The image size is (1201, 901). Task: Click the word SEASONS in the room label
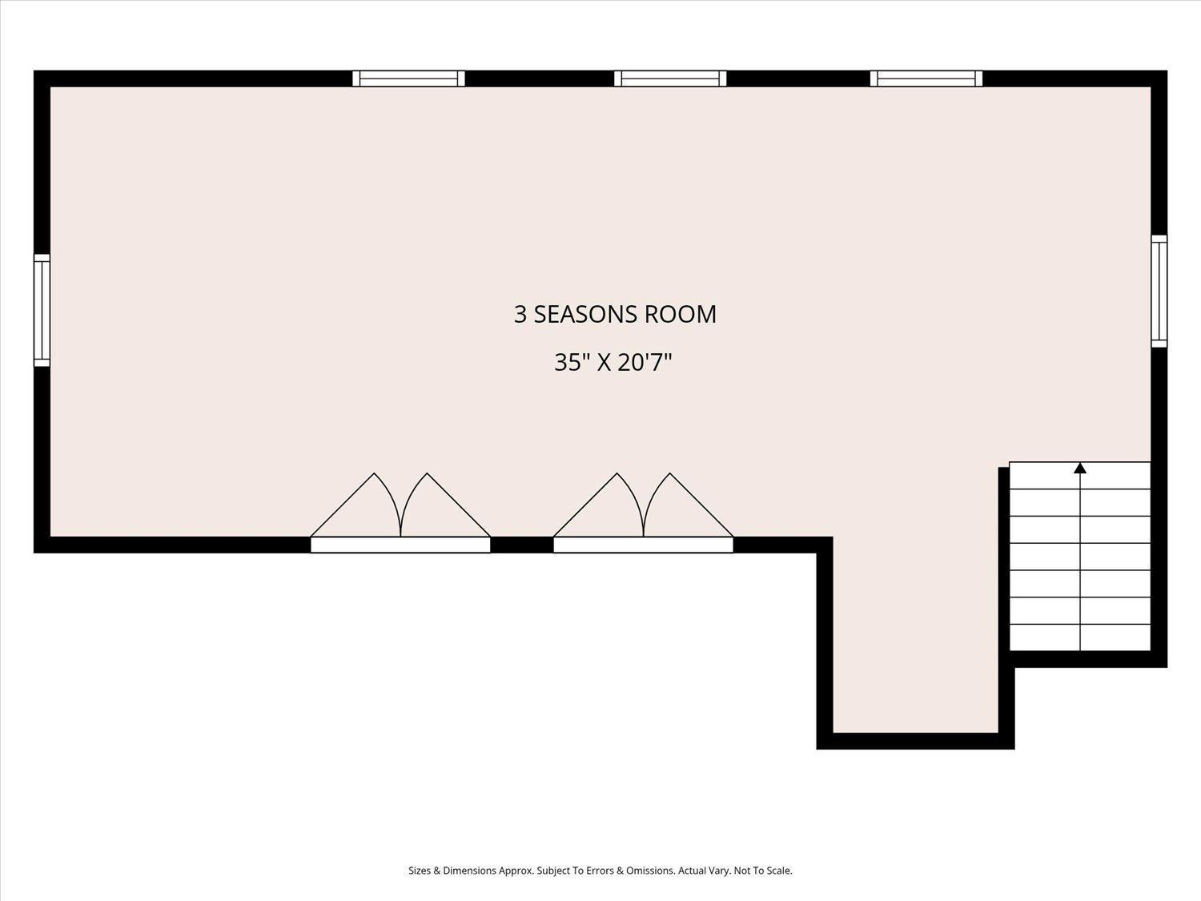(585, 315)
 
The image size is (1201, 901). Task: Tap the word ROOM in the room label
(680, 315)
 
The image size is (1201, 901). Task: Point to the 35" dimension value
(571, 362)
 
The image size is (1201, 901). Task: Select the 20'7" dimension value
(645, 362)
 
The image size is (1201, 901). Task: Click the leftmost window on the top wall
(408, 78)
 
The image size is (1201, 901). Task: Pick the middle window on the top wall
(670, 78)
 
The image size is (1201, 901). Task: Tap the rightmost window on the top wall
(926, 78)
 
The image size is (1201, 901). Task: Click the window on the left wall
(42, 310)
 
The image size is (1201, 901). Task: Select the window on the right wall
(1159, 291)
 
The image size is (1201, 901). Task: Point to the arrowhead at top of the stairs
(1080, 468)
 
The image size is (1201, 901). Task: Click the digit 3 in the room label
(520, 315)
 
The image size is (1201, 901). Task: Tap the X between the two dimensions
(604, 362)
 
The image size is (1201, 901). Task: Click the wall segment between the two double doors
(522, 545)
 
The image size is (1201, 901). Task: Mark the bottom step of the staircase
(1080, 638)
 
